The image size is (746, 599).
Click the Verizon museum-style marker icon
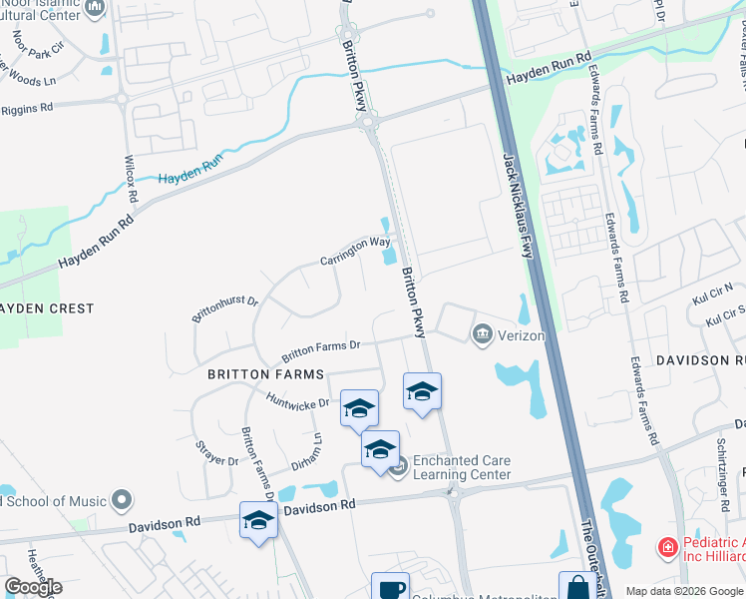coord(484,333)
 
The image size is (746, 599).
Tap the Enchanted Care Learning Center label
coord(462,467)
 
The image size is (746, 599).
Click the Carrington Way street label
coord(355,251)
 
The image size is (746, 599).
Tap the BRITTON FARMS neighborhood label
coord(265,374)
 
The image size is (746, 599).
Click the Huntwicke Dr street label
coord(296,401)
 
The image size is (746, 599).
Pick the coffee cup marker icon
coord(390,588)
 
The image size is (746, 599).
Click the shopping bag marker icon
coord(577,588)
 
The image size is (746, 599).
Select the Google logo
coord(34,587)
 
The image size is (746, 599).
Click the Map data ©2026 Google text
coord(683,591)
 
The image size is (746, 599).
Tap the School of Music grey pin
coord(122,499)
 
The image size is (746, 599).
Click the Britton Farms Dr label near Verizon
coord(319,349)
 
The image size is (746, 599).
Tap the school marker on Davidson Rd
coord(258,520)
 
